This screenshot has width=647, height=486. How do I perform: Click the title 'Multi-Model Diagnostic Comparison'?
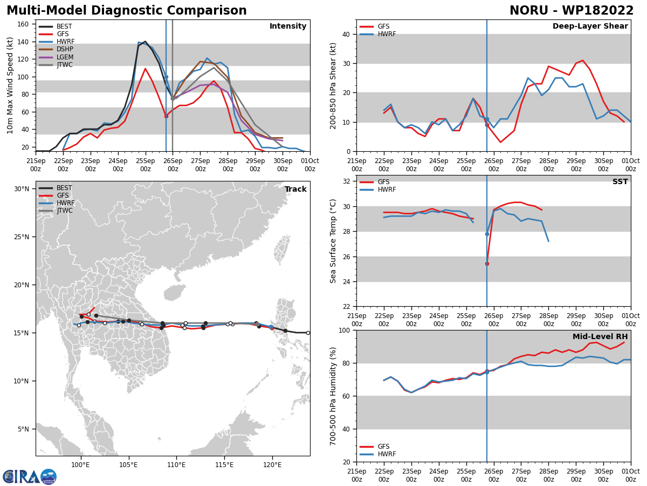(x=126, y=11)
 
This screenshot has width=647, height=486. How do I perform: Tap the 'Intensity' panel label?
(x=288, y=26)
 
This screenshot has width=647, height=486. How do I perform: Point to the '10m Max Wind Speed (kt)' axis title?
(x=11, y=86)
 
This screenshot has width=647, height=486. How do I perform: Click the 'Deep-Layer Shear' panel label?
(x=590, y=26)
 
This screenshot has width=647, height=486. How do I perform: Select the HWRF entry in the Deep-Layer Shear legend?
(x=386, y=34)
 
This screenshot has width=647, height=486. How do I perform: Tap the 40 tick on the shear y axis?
(x=346, y=34)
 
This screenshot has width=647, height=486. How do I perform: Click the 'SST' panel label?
(x=620, y=182)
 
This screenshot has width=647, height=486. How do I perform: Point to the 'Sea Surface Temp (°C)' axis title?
(x=333, y=241)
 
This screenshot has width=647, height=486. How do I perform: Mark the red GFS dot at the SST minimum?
(x=487, y=264)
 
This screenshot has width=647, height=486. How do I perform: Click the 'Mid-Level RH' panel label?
(x=600, y=337)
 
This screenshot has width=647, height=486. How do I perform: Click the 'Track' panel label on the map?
(x=295, y=190)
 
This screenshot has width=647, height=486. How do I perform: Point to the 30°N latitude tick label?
(x=22, y=189)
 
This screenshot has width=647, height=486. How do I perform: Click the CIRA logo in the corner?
(x=30, y=476)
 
